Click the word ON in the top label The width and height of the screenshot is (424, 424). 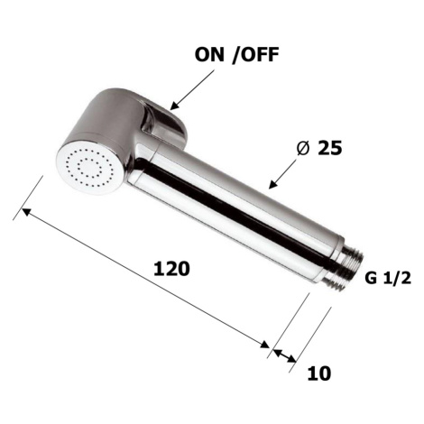click(209, 55)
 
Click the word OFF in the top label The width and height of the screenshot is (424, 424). click(259, 55)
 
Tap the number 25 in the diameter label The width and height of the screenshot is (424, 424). click(330, 148)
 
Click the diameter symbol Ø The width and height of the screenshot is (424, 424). click(303, 148)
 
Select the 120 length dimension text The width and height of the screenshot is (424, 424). click(171, 269)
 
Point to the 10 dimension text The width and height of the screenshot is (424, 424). click(319, 373)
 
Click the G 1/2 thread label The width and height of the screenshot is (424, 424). click(388, 279)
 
